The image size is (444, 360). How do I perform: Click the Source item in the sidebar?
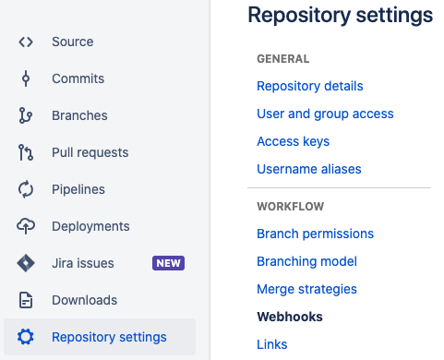(x=72, y=42)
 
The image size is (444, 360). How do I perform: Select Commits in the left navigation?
(x=78, y=78)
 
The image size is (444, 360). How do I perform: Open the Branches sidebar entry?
(x=79, y=115)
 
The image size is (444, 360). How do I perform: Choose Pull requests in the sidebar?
(x=90, y=152)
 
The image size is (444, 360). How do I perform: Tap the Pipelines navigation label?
(x=78, y=189)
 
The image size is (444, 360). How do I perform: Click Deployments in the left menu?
(x=90, y=226)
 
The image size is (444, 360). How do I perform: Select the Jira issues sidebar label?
(x=83, y=263)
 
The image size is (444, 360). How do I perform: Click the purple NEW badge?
(x=169, y=263)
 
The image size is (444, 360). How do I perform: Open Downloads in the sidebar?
(x=84, y=300)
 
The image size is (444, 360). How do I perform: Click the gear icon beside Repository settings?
(x=26, y=337)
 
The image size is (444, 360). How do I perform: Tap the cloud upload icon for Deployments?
(x=26, y=226)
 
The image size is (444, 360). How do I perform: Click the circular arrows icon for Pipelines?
(x=26, y=189)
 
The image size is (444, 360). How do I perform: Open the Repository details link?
(x=310, y=86)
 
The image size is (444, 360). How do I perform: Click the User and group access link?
(x=325, y=114)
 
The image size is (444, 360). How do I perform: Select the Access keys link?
(x=293, y=141)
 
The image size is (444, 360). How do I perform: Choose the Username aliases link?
(x=309, y=169)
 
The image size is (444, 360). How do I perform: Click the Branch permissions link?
(x=315, y=234)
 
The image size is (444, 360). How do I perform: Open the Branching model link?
(x=306, y=261)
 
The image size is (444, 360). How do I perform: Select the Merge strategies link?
(x=306, y=289)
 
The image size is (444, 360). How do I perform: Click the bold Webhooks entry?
(x=290, y=317)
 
